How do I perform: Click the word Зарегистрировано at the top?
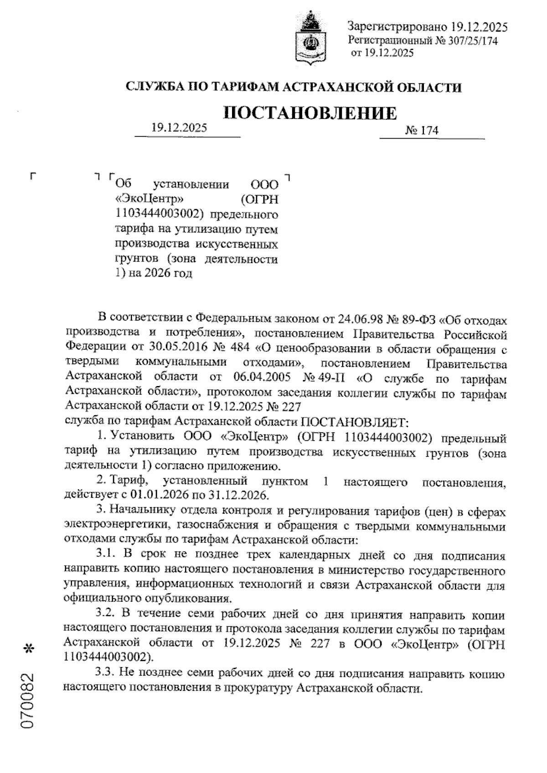point(397,27)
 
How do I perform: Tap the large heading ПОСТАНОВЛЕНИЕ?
point(310,113)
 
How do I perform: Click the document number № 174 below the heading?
point(422,131)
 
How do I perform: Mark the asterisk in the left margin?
point(30,649)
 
